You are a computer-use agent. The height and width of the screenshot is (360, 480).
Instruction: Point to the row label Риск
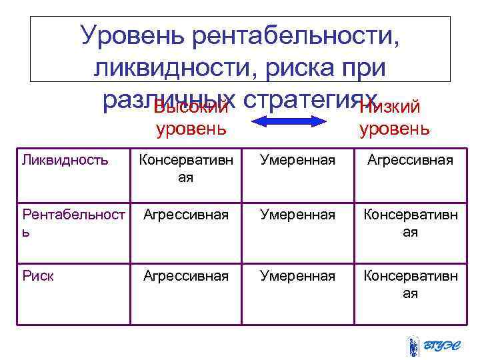pos(38,275)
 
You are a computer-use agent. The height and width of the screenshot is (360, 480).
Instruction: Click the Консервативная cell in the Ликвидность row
pos(186,169)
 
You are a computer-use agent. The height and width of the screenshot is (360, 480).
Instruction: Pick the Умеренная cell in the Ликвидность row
pos(298,160)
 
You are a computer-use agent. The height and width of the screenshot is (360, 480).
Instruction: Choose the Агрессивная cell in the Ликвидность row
pos(410,160)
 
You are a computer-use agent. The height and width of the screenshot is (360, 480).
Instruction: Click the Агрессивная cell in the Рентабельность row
pos(186,215)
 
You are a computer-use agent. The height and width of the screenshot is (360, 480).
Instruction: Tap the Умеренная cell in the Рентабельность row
pos(298,215)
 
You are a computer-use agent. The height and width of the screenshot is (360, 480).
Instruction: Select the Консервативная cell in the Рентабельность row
pos(410,223)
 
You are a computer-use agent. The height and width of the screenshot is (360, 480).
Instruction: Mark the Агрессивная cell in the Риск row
pos(186,275)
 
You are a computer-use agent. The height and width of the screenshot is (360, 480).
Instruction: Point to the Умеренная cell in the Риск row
pos(298,275)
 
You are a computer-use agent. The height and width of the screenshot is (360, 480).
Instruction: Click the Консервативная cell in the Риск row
pos(410,284)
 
